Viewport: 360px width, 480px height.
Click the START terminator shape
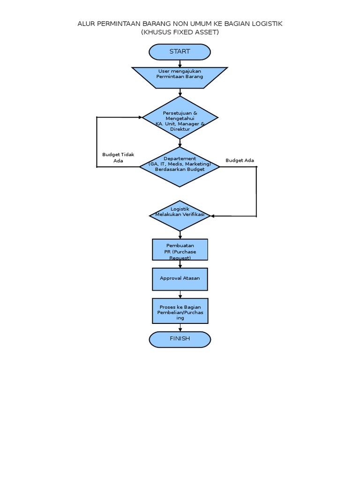coord(180,52)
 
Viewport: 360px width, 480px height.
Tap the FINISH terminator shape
coord(180,339)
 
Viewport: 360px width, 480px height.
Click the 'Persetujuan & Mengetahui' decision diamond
coord(180,118)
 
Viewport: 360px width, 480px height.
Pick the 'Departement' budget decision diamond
coord(180,166)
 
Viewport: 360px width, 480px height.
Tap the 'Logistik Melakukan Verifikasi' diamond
coord(180,215)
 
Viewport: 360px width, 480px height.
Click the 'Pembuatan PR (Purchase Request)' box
coord(180,249)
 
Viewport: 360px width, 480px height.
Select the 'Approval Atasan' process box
coord(180,279)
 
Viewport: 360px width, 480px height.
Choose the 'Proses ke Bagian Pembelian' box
coord(180,311)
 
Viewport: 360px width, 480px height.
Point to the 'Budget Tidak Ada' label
coord(118,157)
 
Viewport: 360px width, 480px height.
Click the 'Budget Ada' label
coord(240,160)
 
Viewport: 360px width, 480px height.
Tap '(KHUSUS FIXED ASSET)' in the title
coord(180,32)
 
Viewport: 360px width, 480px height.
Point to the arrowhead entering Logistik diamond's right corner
coord(213,216)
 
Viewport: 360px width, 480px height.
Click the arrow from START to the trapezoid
coord(180,64)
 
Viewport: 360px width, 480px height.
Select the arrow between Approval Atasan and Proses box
coord(180,295)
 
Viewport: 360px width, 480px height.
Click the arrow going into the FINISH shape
coord(180,328)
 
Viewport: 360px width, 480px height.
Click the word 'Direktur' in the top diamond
coord(180,128)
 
